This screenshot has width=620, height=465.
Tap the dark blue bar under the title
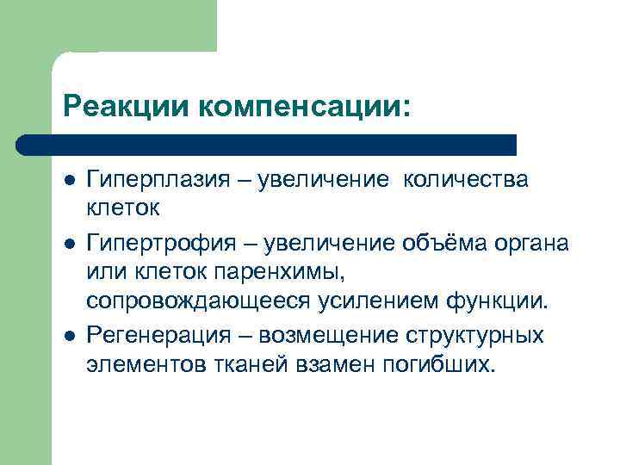coord(267,144)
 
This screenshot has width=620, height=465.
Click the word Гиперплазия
coord(156,179)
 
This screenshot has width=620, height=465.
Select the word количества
coord(466,179)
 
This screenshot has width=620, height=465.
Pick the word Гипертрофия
coord(158,244)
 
